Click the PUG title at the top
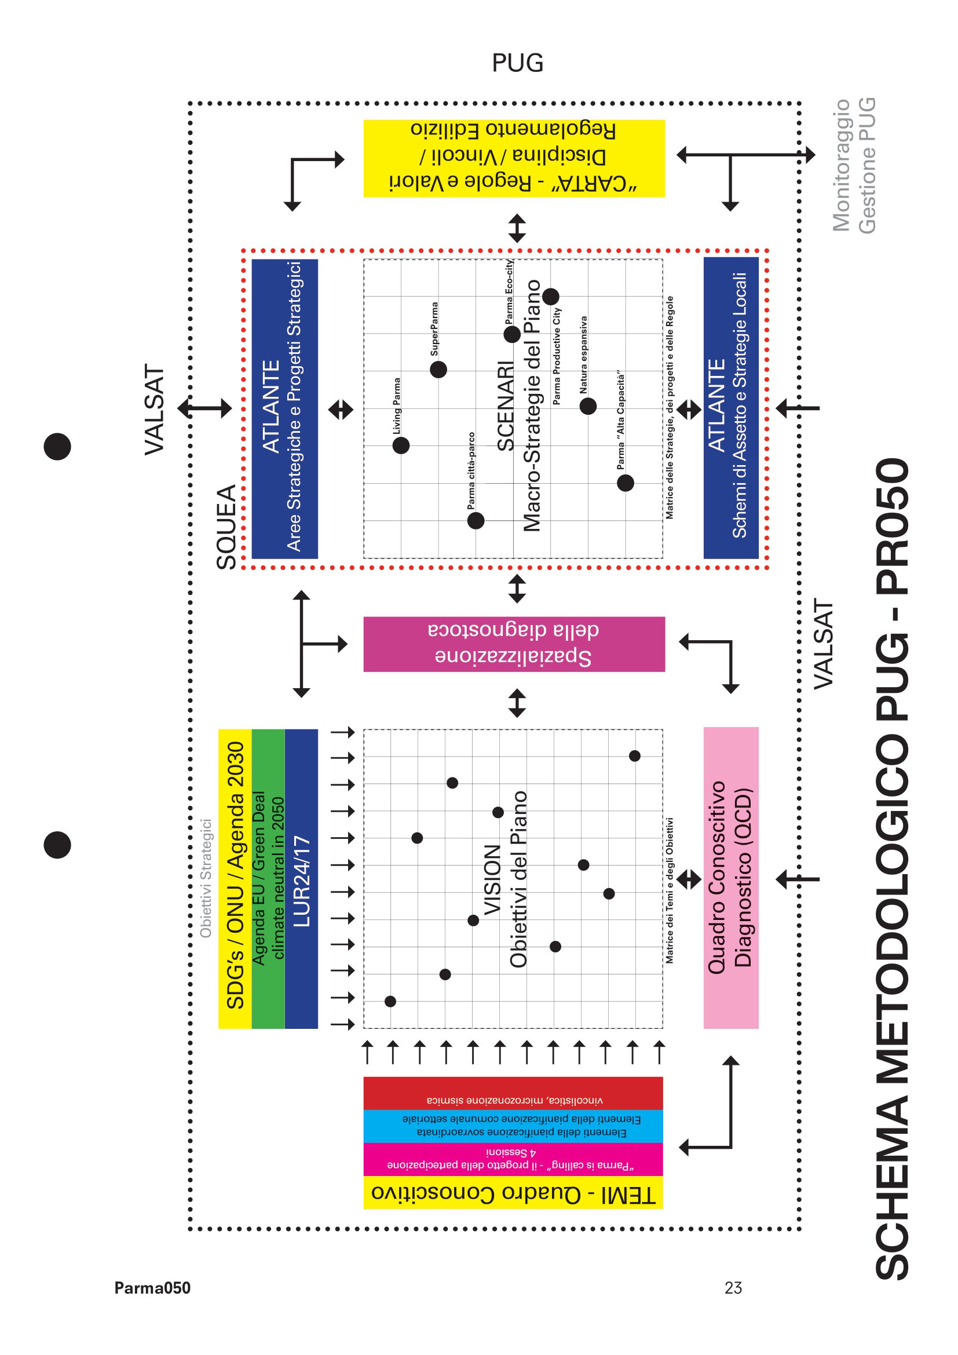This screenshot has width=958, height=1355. point(517,63)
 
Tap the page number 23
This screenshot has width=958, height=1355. point(733,1288)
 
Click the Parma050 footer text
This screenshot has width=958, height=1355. point(152,1288)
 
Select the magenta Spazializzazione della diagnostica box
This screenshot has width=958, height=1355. point(514,644)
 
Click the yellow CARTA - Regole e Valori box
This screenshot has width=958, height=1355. point(514,158)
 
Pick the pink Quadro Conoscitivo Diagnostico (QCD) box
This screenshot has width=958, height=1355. point(731,878)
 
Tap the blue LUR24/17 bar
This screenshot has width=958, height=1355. point(301,879)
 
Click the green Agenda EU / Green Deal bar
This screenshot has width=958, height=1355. point(268,879)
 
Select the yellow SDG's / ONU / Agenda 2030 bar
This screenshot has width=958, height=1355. point(235,879)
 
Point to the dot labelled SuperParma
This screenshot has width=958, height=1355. point(438,370)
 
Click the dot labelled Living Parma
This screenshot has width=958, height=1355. point(401,445)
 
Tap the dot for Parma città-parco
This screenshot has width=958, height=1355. point(476,521)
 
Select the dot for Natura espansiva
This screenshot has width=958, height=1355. point(588,406)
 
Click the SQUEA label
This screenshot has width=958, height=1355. point(226,527)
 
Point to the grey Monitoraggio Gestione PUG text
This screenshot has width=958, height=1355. point(854,166)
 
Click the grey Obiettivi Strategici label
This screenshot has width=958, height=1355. point(205,878)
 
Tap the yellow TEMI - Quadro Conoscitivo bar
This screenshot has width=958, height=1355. point(513,1192)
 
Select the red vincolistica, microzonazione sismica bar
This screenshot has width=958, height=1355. point(513,1094)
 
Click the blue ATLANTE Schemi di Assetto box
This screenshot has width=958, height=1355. point(731,408)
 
